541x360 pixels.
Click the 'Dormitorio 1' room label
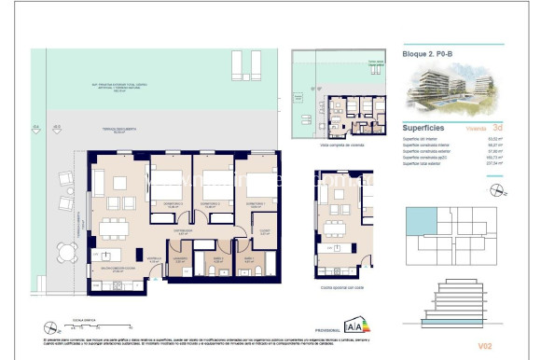260,201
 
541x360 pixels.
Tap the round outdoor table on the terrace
65,251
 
